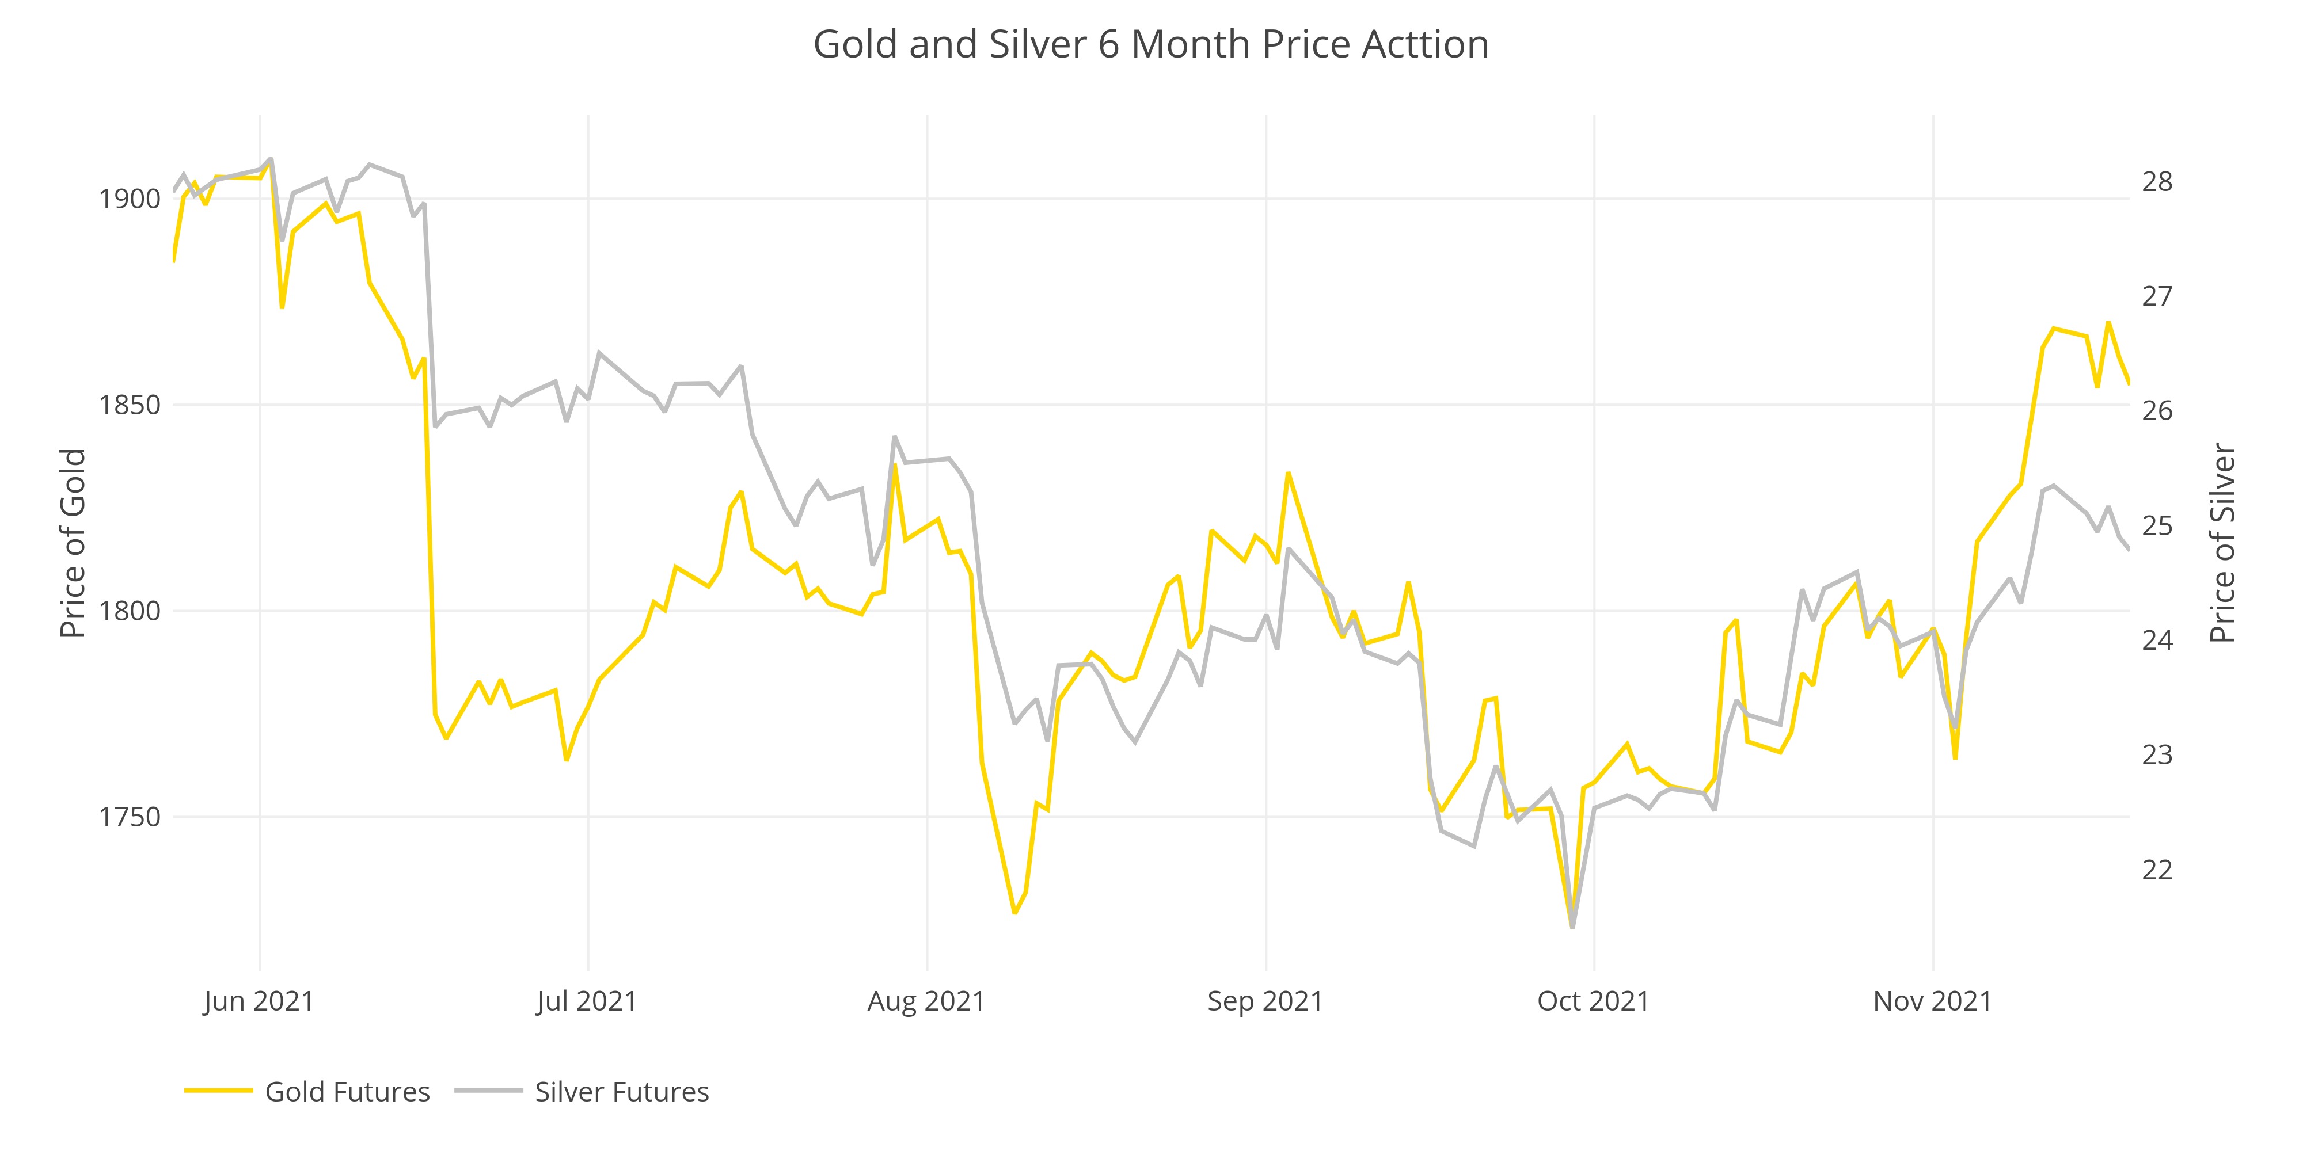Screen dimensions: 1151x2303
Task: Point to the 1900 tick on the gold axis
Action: [x=130, y=199]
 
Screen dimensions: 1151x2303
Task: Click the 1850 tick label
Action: [x=130, y=405]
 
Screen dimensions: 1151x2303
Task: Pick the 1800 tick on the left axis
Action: [x=130, y=611]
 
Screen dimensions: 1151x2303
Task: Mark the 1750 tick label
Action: [x=130, y=817]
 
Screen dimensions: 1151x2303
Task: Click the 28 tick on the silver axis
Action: [x=2156, y=181]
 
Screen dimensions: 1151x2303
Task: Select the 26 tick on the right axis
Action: [x=2156, y=410]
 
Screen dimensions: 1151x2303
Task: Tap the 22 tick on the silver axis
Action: [x=2156, y=868]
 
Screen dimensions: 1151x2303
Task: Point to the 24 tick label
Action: [x=2156, y=640]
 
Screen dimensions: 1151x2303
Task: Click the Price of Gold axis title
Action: [x=73, y=543]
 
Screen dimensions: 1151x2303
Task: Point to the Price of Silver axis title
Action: [x=2222, y=543]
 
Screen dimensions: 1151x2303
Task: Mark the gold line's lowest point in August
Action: [x=1014, y=912]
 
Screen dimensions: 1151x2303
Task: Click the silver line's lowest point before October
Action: [x=1572, y=927]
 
